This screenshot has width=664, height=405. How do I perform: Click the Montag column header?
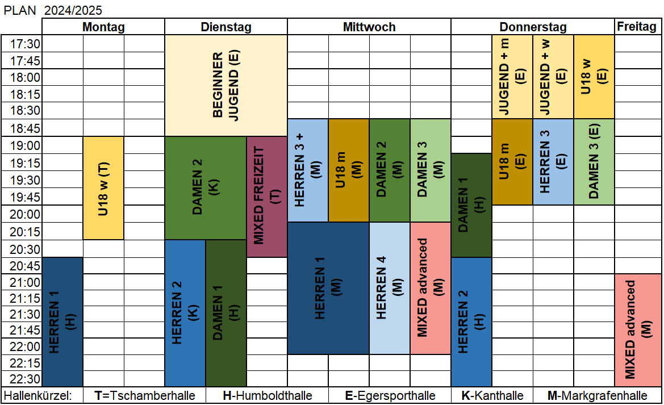[103, 27]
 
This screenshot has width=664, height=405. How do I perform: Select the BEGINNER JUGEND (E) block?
[225, 85]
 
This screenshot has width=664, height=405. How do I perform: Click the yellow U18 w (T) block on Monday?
[103, 187]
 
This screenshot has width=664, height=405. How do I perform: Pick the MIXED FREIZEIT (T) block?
[267, 196]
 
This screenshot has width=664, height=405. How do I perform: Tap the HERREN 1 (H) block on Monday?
[62, 322]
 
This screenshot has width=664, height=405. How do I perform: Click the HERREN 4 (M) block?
[390, 288]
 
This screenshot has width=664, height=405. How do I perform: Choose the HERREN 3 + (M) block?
[308, 170]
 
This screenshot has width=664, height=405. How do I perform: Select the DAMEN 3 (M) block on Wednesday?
[431, 170]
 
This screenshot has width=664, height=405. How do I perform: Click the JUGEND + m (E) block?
[512, 77]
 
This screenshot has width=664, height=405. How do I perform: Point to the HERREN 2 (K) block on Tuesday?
[185, 313]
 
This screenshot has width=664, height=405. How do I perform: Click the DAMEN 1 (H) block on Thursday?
[471, 205]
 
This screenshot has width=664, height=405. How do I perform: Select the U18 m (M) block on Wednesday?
[349, 170]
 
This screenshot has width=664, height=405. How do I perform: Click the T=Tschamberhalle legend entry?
[144, 395]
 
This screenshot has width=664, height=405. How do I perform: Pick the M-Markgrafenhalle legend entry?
[597, 395]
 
